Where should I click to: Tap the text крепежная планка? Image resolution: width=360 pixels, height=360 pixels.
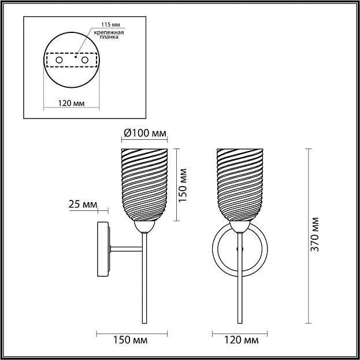click(x=109, y=35)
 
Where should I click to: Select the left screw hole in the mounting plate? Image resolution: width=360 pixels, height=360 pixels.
click(x=60, y=60)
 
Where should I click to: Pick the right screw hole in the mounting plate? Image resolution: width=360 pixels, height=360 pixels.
click(x=85, y=60)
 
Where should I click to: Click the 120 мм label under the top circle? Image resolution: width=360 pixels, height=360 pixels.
click(x=71, y=103)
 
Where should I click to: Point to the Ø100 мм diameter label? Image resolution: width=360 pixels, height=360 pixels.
click(x=145, y=133)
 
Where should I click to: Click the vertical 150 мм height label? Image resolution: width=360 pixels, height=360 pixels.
click(x=183, y=185)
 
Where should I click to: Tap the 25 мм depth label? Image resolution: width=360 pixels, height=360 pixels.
click(x=83, y=205)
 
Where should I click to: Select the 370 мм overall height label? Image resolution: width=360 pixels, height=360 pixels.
click(x=314, y=235)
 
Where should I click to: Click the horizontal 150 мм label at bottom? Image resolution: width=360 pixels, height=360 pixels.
click(x=131, y=340)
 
